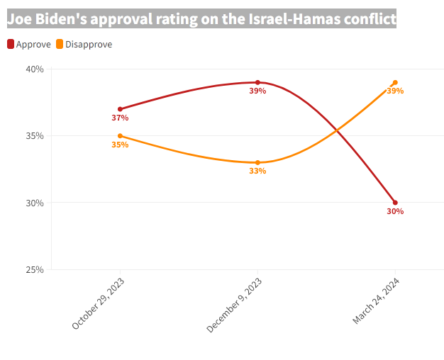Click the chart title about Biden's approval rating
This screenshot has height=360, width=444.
[x=201, y=19]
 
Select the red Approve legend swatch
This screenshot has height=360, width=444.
[x=11, y=44]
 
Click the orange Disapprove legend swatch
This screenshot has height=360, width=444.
[x=60, y=44]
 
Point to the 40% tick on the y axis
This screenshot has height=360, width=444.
[x=35, y=69]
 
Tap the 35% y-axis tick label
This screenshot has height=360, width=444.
[x=35, y=135]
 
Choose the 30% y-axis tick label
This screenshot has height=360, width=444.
[x=35, y=203]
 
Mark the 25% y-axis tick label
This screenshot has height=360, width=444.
[x=35, y=269]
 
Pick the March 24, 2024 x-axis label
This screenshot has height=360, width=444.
[x=376, y=301]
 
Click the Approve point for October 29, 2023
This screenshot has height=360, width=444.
[x=120, y=109]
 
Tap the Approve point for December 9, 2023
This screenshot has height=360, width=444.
[x=257, y=82]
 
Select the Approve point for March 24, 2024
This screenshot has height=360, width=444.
[x=395, y=203]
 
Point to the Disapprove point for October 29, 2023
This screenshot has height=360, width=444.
[x=120, y=135]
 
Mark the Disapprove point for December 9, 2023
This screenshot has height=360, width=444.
[x=257, y=162]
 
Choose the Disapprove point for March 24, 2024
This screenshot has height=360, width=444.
[x=395, y=82]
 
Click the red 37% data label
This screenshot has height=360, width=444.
[x=120, y=118]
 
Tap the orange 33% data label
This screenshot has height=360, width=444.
[x=257, y=171]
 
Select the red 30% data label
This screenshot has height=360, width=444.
[x=395, y=211]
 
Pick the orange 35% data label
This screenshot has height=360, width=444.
[x=120, y=145]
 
